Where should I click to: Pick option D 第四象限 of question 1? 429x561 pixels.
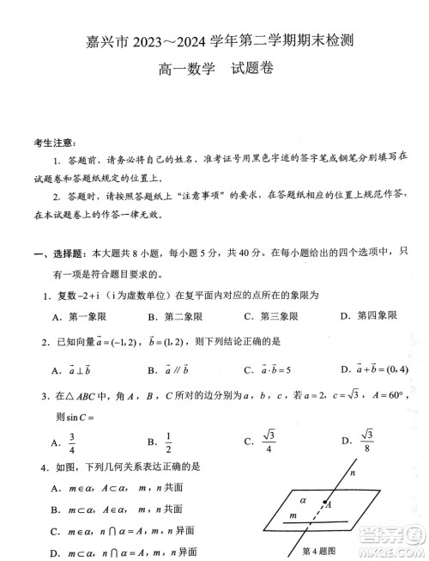pos(378,316)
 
